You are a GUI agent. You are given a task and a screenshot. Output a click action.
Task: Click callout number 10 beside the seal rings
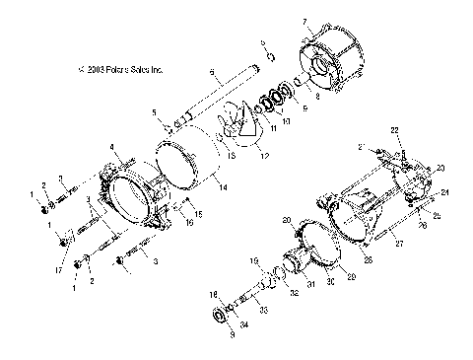(285, 122)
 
